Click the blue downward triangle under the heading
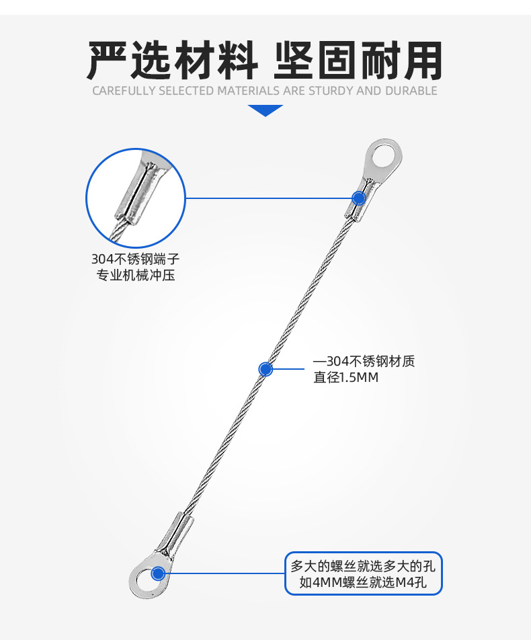coord(265,110)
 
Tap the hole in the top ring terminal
coord(383,158)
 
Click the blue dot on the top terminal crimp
coord(359,198)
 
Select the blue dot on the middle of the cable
coord(265,368)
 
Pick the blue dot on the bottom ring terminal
coord(159,573)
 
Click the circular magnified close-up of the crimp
coord(136,198)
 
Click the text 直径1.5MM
coord(346,378)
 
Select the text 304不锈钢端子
coord(136,259)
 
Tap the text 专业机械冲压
coord(136,275)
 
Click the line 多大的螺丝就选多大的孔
coord(363,565)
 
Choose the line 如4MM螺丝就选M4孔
coord(363,582)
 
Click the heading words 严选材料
coord(172,61)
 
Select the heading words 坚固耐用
coord(359,61)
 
